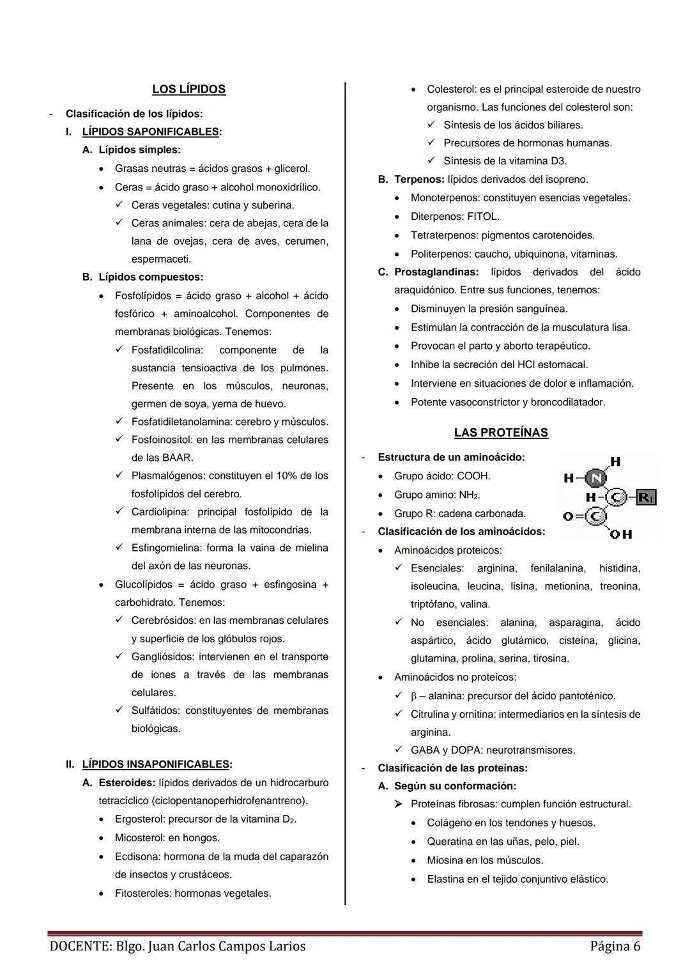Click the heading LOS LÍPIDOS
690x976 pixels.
coord(188,89)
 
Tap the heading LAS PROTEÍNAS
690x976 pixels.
coord(501,433)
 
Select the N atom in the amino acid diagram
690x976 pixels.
coord(596,478)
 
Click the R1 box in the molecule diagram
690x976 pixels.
coord(647,497)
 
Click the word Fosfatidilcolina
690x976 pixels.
coord(167,350)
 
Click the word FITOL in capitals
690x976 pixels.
coord(483,217)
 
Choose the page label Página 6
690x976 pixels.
coord(615,946)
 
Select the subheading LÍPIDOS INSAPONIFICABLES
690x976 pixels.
coord(156,764)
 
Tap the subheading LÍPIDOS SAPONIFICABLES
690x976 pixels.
coord(151,132)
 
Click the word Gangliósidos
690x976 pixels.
coord(162,657)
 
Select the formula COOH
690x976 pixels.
coord(473,476)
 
